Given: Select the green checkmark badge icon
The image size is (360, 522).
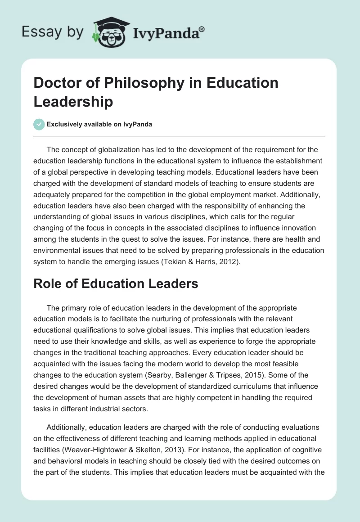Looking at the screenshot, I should coord(39,124).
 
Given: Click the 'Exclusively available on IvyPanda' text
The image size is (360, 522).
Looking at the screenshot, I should coord(99,125).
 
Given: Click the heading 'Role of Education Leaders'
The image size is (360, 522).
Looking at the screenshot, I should coord(116,284).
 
